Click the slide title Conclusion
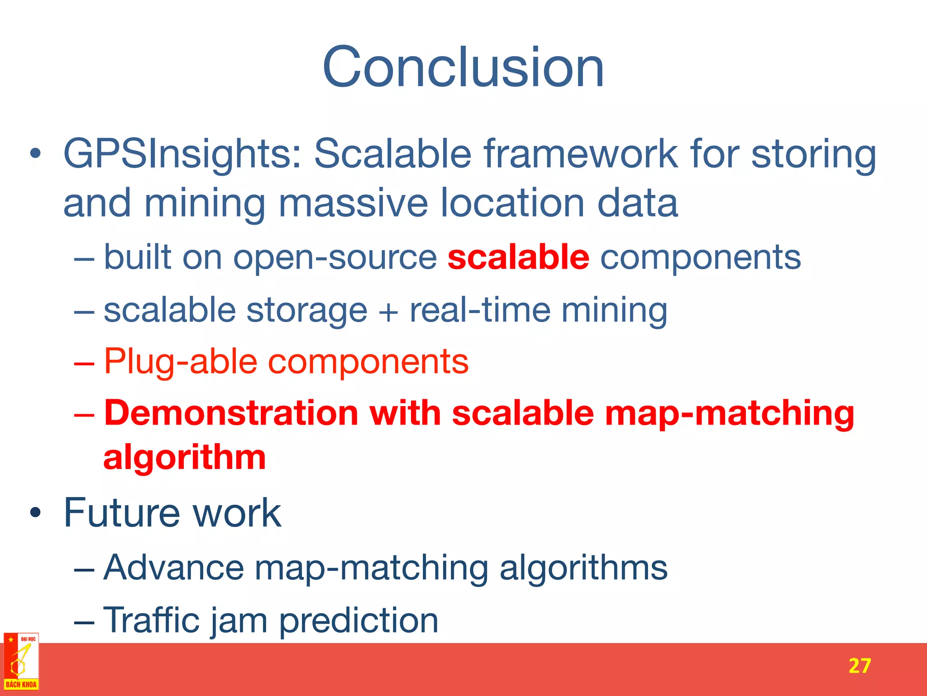[x=463, y=68]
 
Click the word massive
[x=353, y=203]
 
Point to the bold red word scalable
[x=518, y=257]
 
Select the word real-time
[x=480, y=310]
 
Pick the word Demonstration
[x=231, y=413]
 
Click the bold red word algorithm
[x=185, y=458]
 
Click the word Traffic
[x=152, y=620]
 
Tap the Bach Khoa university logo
[x=21, y=662]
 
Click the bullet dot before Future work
[x=35, y=513]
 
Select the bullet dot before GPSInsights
[x=35, y=155]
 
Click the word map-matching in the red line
[x=729, y=413]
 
